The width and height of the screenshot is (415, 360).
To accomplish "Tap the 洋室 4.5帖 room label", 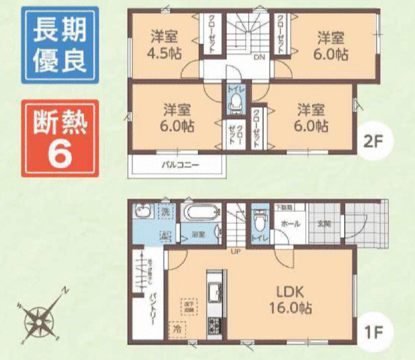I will pos(164,44).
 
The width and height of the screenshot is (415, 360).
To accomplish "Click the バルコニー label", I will pos(180,164).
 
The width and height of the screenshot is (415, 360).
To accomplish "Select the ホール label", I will pos(290,224).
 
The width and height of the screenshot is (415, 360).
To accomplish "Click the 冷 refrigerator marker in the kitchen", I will pos(176,326).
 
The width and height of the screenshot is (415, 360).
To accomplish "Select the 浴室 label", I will pos(197,234).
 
